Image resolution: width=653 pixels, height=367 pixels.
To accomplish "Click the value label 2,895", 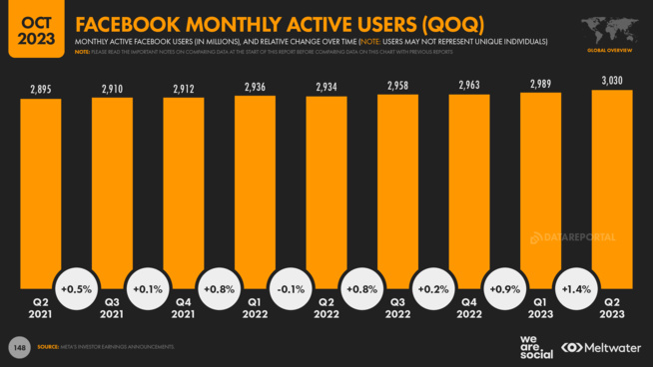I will click(41, 90).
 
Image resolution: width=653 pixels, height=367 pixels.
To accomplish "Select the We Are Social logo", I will click(535, 346).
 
